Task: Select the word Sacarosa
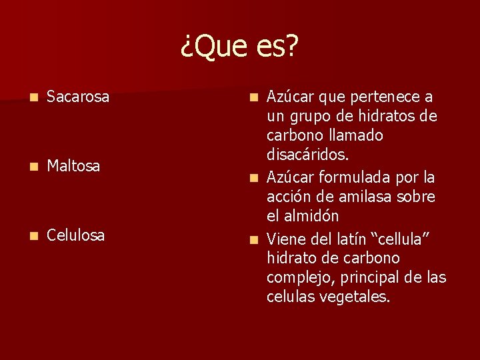point(78,97)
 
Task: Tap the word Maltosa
point(73,165)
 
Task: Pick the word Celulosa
point(76,235)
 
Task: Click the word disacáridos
point(307,155)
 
